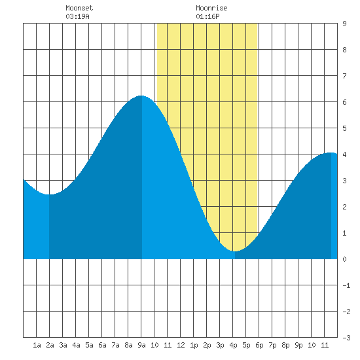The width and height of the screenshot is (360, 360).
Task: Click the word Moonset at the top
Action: coord(79,8)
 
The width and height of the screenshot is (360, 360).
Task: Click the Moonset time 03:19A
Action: coord(77,16)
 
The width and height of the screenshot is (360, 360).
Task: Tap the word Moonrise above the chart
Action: coord(211,8)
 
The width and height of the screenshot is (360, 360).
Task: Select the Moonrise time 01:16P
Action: coord(207,16)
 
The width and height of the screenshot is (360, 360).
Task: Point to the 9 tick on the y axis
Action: coord(344,24)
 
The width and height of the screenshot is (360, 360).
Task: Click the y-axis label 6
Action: coord(344,102)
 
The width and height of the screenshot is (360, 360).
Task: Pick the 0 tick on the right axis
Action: coord(344,259)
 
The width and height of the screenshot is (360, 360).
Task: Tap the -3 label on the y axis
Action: coord(346,338)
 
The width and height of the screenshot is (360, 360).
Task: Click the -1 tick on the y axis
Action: coord(346,285)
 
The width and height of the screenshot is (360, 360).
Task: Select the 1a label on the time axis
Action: coord(37,345)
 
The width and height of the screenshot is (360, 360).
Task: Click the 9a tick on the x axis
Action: coord(141,345)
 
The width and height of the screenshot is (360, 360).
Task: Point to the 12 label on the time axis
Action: coord(181,345)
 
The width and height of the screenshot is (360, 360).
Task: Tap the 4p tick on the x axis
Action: coord(233,345)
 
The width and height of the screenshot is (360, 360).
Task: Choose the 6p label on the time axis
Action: coord(259,345)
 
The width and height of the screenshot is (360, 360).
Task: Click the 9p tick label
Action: coord(298,345)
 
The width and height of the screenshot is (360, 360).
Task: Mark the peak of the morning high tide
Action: coord(141,96)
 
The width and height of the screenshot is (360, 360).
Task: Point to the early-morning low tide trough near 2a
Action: coord(49,194)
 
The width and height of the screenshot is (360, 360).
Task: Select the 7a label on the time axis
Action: coord(115,345)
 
